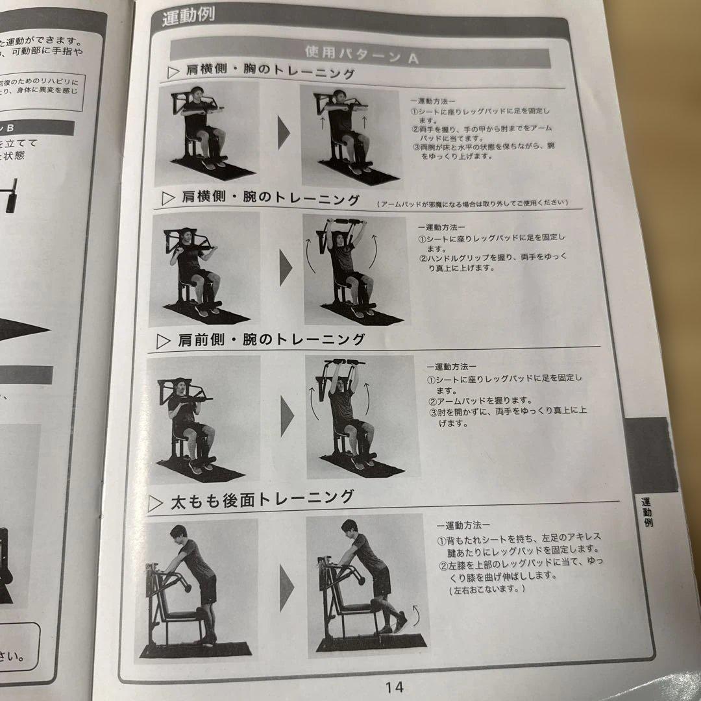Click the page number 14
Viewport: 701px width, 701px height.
tap(394, 686)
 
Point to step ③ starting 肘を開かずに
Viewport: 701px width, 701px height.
tap(506, 417)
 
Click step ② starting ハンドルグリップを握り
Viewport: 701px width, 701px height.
tap(493, 262)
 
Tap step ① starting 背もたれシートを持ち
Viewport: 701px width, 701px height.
tap(519, 544)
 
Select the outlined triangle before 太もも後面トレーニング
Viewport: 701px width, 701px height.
tap(155, 503)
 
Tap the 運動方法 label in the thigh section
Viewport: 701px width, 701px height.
tap(463, 524)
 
